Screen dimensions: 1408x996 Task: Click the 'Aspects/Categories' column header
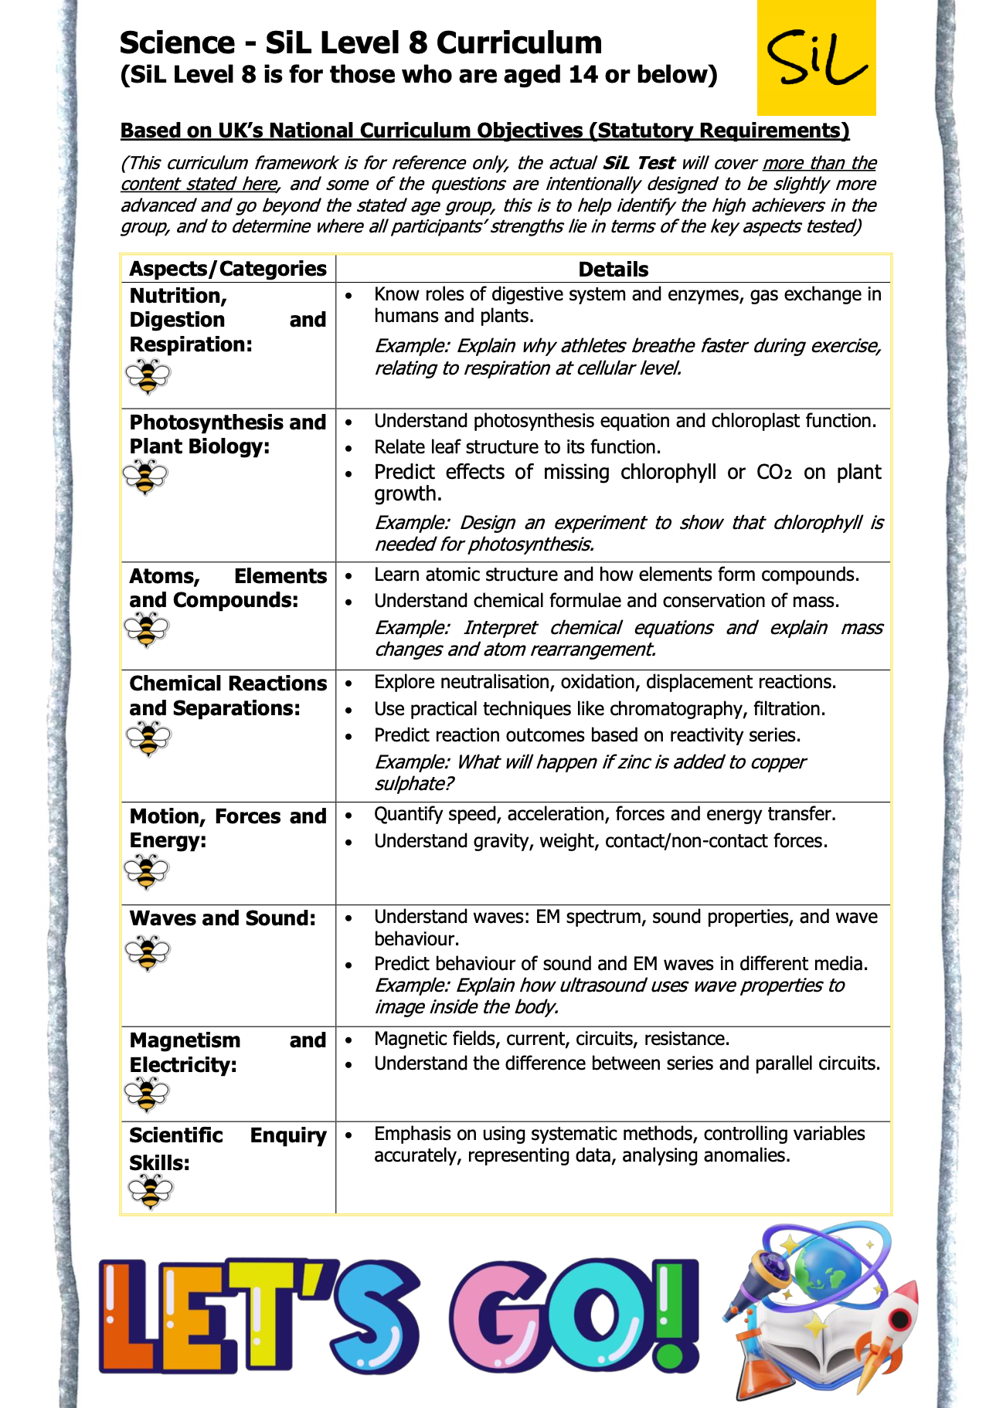pos(228,269)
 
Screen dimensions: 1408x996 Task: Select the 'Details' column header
pos(613,269)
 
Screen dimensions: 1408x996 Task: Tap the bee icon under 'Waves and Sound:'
pos(147,952)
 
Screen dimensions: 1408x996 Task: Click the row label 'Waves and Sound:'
pos(223,918)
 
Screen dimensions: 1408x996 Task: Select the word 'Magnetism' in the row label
pos(185,1040)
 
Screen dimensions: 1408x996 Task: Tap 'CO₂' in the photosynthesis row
pos(774,473)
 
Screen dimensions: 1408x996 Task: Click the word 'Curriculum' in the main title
pos(519,42)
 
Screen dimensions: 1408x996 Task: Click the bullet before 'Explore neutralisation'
pos(349,684)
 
